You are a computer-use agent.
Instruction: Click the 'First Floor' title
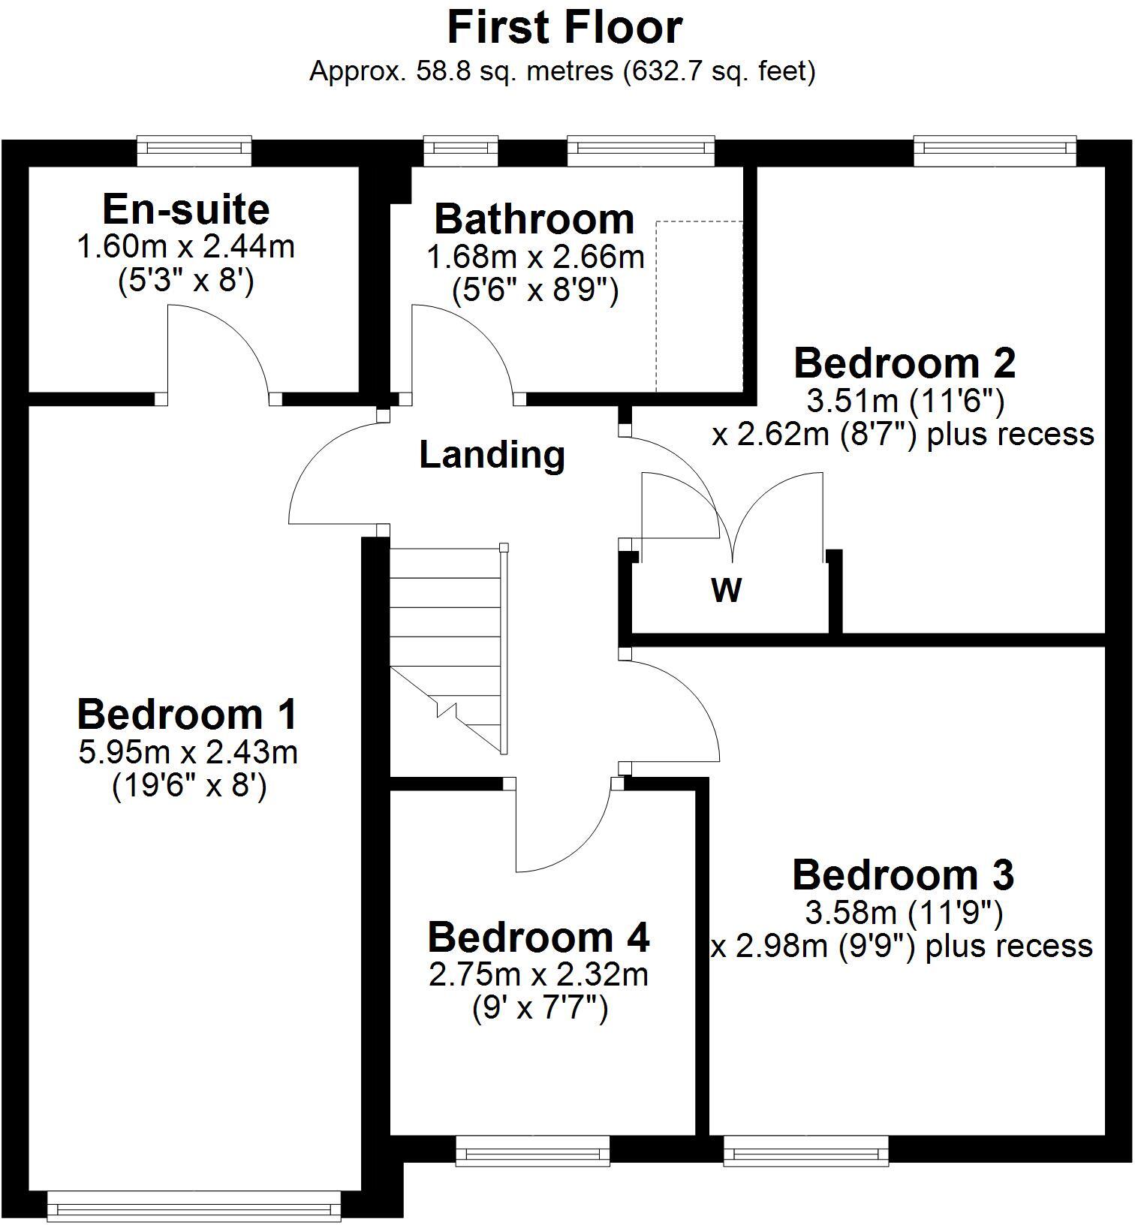(564, 29)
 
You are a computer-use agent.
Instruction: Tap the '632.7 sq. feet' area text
(719, 72)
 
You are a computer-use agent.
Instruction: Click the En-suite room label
(185, 209)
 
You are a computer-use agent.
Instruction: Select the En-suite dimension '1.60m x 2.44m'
(185, 246)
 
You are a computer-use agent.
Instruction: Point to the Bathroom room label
(534, 219)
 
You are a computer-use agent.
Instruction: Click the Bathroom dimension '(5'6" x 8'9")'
(534, 290)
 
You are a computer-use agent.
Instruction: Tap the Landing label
(492, 455)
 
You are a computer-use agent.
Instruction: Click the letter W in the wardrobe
(726, 590)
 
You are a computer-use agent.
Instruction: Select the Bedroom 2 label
(904, 363)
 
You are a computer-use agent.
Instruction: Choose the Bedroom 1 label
(187, 714)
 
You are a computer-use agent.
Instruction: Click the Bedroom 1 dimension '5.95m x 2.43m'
(188, 752)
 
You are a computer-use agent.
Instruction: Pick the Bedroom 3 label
(902, 875)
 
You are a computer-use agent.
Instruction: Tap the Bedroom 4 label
(537, 938)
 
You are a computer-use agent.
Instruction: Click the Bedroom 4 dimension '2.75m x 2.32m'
(537, 975)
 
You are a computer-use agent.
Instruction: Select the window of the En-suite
(194, 152)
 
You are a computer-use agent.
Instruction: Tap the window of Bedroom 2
(995, 152)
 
